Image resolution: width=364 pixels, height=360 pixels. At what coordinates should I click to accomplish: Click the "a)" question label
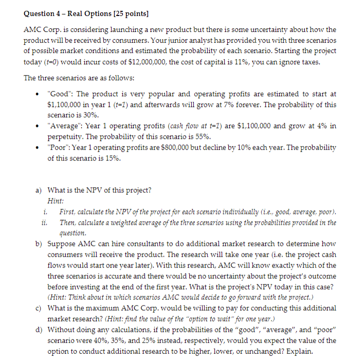click(x=39, y=190)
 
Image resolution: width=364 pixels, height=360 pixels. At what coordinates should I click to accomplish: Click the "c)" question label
click(x=39, y=308)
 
